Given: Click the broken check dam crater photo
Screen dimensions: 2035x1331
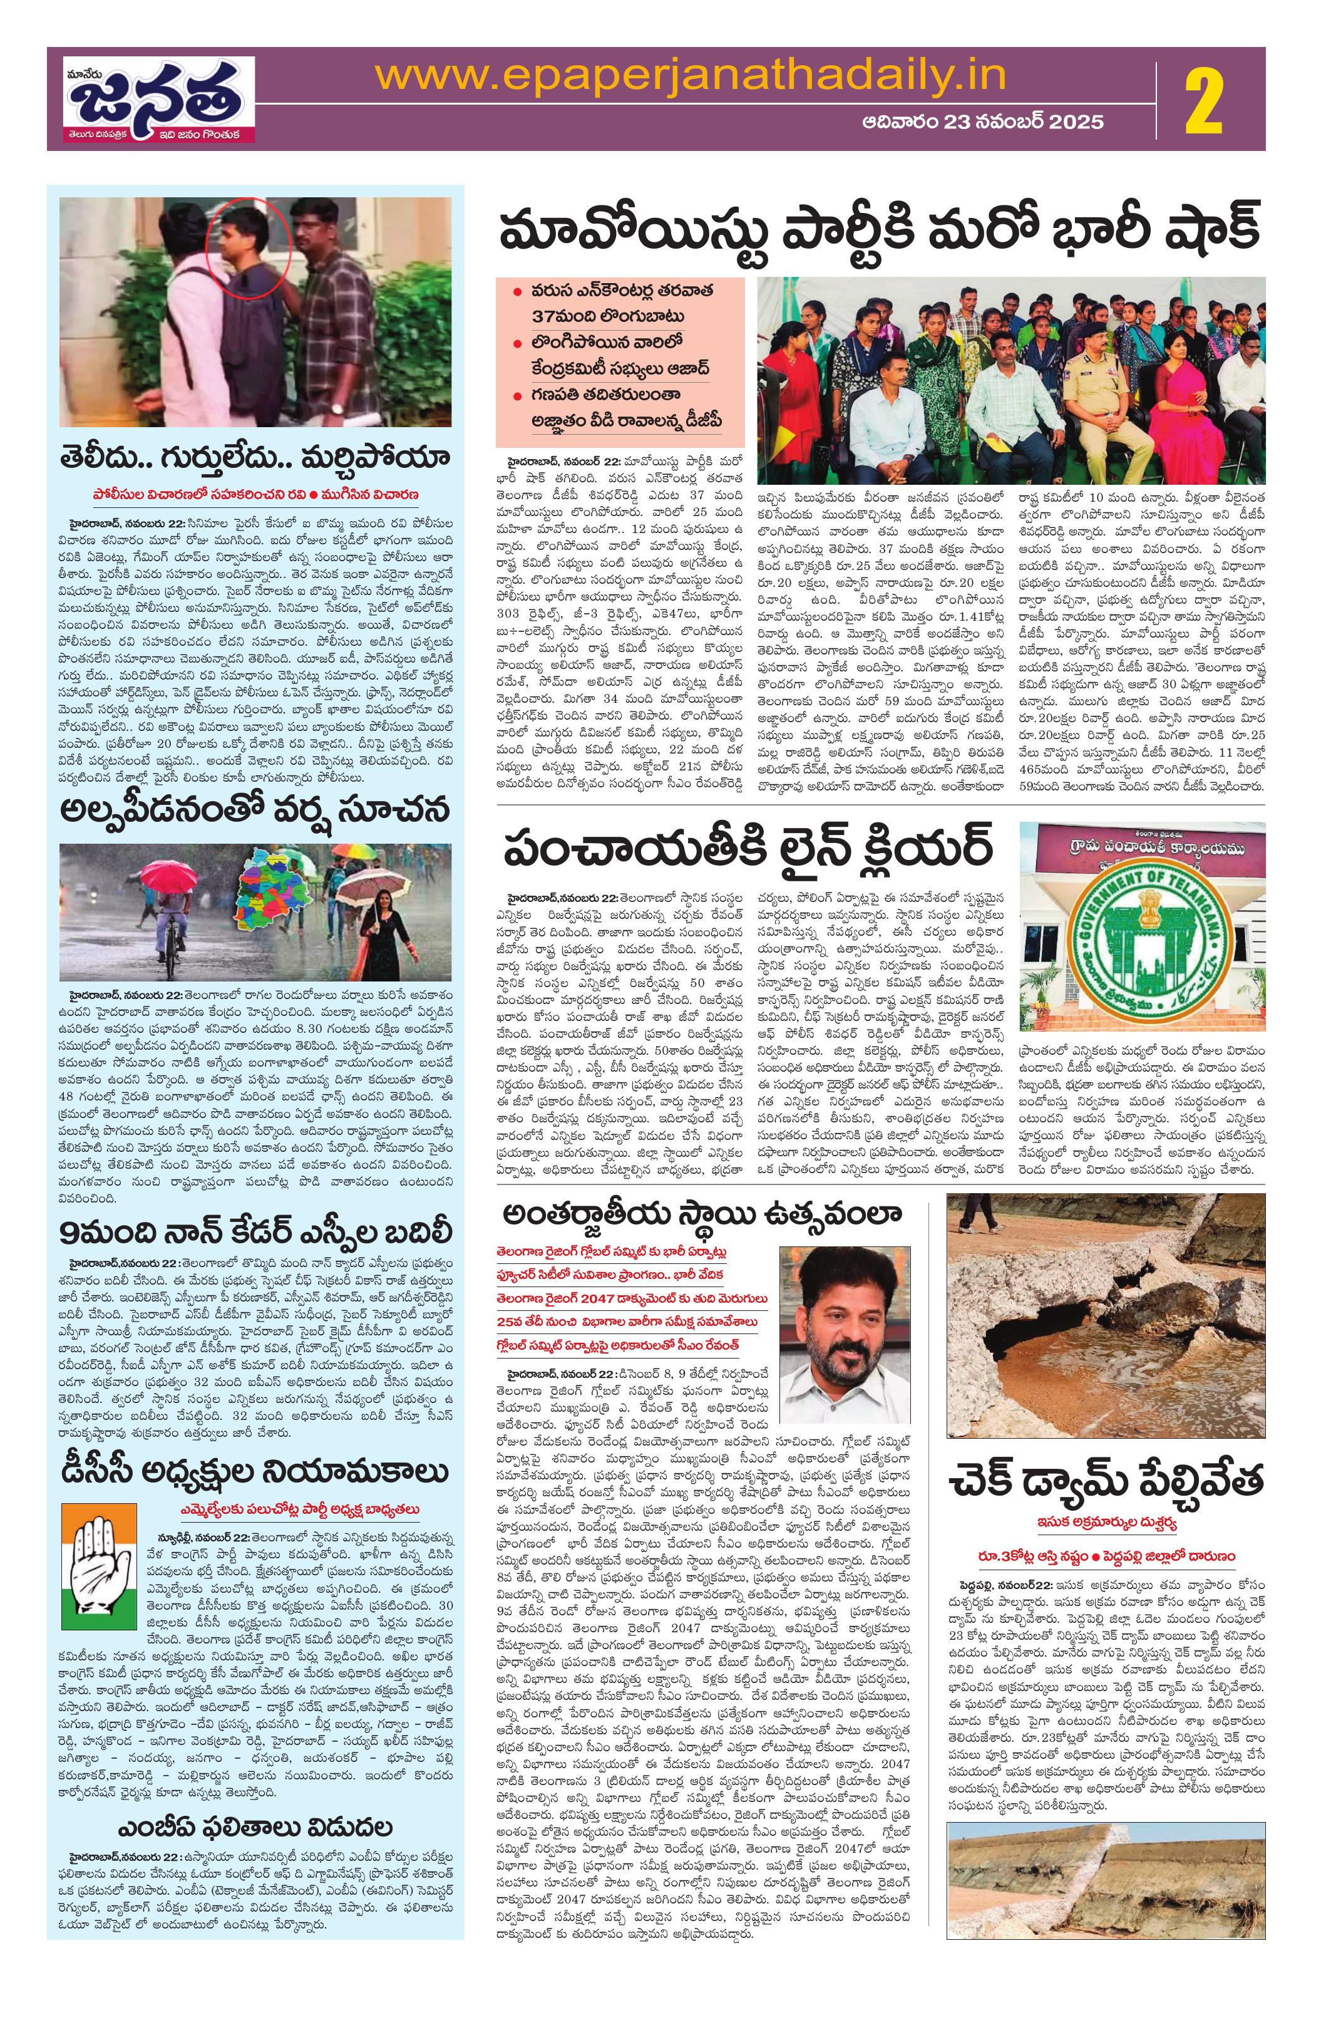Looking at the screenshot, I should point(1106,1307).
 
